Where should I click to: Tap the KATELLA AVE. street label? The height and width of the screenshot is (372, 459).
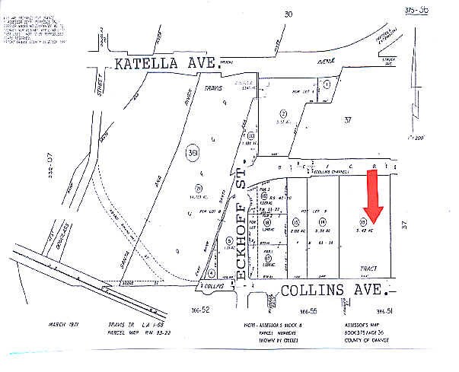click(166, 65)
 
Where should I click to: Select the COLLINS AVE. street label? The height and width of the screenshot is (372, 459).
click(334, 290)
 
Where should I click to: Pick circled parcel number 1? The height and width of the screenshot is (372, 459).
click(327, 85)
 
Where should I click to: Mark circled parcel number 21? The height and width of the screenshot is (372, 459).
click(198, 188)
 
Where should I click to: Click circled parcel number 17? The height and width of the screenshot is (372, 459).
click(268, 258)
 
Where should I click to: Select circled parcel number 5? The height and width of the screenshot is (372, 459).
click(229, 241)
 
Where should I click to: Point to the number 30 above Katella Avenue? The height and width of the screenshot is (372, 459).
click(288, 14)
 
